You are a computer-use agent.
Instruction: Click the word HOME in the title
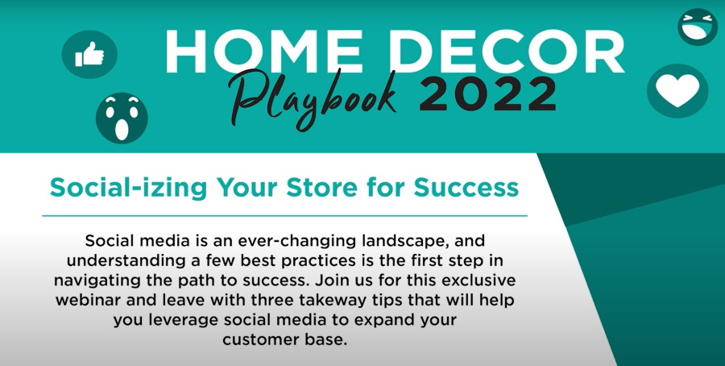click(x=263, y=51)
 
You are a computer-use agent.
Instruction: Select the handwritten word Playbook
click(x=313, y=98)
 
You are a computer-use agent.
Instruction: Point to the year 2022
click(x=488, y=94)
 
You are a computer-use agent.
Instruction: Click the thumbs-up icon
click(x=89, y=54)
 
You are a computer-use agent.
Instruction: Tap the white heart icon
click(x=677, y=90)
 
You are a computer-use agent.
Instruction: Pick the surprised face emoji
click(x=122, y=118)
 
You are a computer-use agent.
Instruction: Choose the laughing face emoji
click(x=698, y=27)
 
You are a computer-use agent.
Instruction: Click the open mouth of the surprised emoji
click(x=122, y=129)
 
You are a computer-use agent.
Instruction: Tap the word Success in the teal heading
click(x=466, y=187)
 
